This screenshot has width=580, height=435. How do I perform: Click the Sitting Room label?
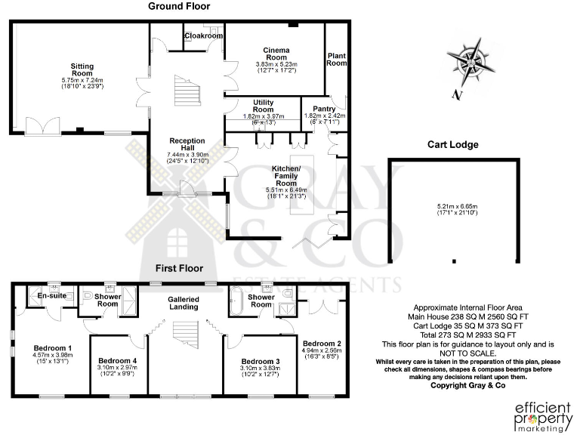pos(82,71)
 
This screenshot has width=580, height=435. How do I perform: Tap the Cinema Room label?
pos(276,54)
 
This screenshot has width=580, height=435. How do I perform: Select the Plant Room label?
pos(336,59)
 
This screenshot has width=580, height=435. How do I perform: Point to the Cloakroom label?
pos(203,35)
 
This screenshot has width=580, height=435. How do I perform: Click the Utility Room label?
pos(263,106)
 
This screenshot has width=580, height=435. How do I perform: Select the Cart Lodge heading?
pos(453,144)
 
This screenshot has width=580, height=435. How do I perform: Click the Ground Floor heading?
pos(178,5)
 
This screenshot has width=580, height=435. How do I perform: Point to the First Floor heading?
pos(178,268)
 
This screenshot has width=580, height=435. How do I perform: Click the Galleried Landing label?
pos(183,303)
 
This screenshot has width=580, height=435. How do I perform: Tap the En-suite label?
pos(51,295)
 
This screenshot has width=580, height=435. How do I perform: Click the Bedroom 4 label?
pos(117,362)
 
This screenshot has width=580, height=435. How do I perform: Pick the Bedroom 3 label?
pos(252,362)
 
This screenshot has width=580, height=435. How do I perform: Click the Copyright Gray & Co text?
pos(467,385)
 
